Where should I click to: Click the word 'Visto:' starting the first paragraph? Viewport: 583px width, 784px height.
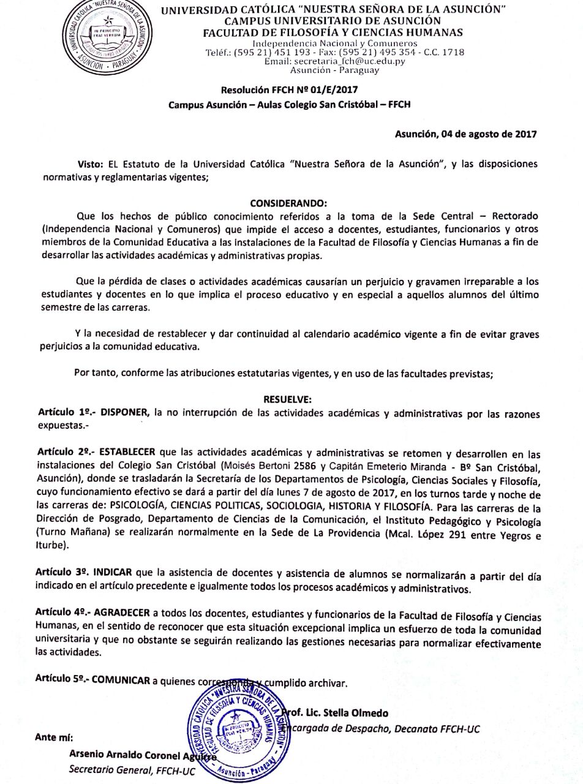click(91, 164)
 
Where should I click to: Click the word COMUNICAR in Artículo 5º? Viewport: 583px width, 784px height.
click(121, 680)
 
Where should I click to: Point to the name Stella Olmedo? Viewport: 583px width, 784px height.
click(359, 714)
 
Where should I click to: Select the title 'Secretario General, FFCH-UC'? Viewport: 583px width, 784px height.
click(132, 771)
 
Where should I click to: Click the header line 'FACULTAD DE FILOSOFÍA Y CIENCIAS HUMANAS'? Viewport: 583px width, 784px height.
click(333, 32)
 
